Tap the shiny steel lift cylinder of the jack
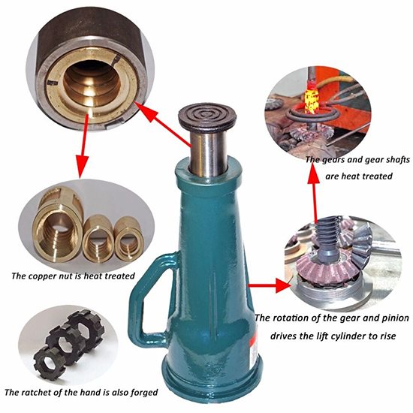click(208, 154)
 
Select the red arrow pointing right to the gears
click(269, 285)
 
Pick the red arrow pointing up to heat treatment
click(313, 193)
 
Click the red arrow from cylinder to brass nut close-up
click(163, 125)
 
